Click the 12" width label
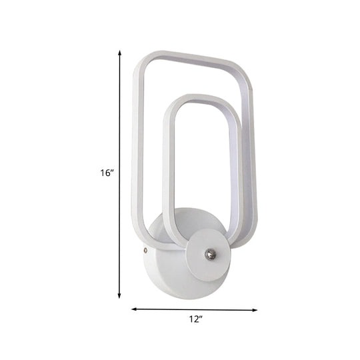(x=194, y=302)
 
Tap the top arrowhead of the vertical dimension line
(x=120, y=51)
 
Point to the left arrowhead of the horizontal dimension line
(x=133, y=291)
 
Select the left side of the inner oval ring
(x=168, y=173)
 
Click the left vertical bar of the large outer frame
(x=138, y=147)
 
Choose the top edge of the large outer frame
(x=193, y=59)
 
